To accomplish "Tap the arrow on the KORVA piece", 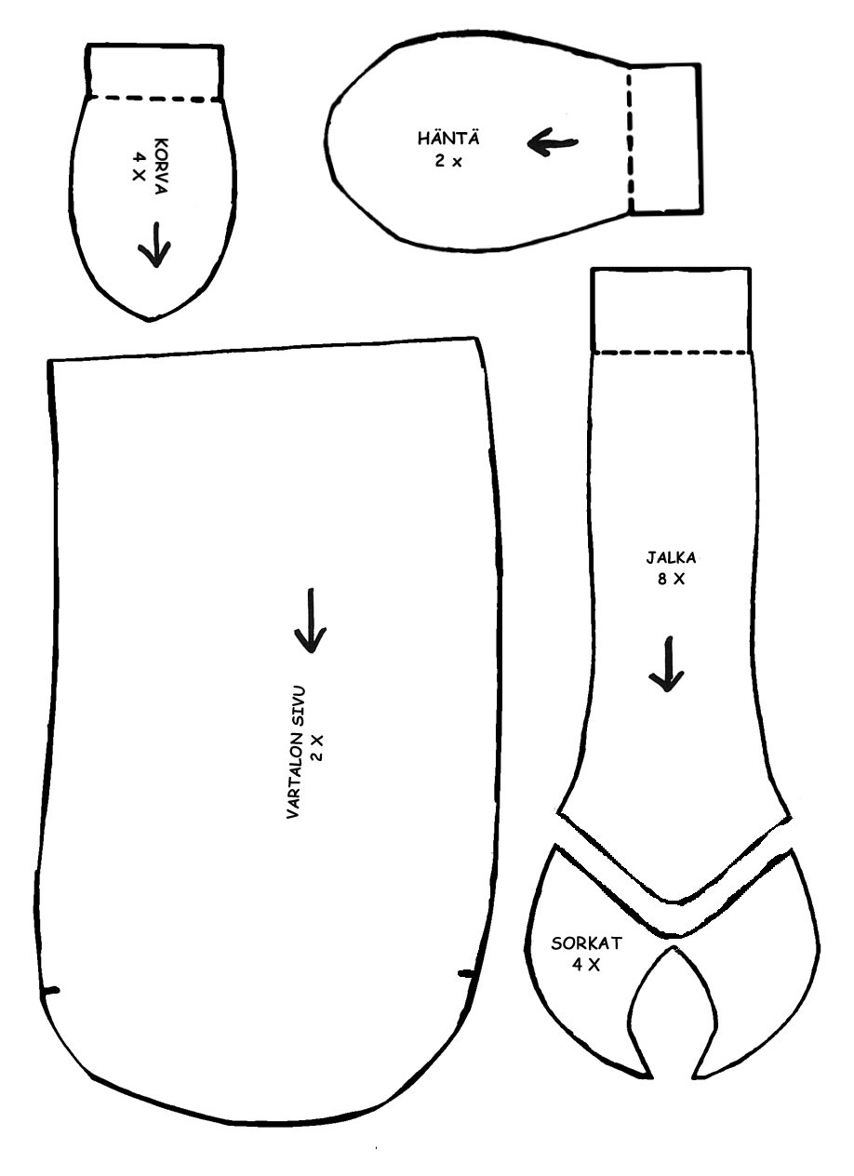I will (x=154, y=245).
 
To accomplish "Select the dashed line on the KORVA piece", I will (x=155, y=97).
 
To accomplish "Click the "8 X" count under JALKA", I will (x=672, y=579).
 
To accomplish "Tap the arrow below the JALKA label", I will (x=667, y=664).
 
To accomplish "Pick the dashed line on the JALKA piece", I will (x=671, y=352).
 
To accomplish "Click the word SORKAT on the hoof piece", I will (x=586, y=943).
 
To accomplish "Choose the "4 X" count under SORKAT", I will (x=586, y=964).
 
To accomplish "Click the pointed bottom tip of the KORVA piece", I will (x=150, y=320).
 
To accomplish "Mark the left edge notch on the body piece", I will (x=50, y=990).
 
